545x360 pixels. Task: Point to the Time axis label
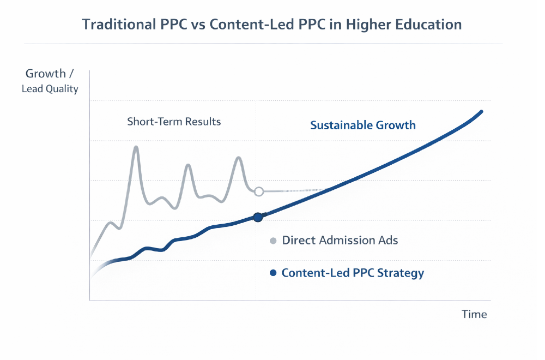(474, 314)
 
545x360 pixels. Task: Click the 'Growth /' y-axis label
(50, 74)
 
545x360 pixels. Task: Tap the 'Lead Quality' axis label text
(50, 88)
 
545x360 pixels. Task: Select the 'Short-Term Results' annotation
(174, 121)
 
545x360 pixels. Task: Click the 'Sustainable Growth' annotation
(363, 125)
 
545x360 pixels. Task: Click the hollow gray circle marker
(259, 191)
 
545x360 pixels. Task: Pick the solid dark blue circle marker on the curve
(258, 217)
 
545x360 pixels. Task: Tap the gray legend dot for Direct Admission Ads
(273, 241)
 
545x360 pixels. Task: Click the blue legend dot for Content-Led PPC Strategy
(273, 273)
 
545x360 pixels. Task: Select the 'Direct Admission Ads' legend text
(340, 241)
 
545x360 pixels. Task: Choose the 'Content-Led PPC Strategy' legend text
(353, 273)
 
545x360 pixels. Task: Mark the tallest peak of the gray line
(136, 147)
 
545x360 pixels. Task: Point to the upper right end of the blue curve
(481, 112)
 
